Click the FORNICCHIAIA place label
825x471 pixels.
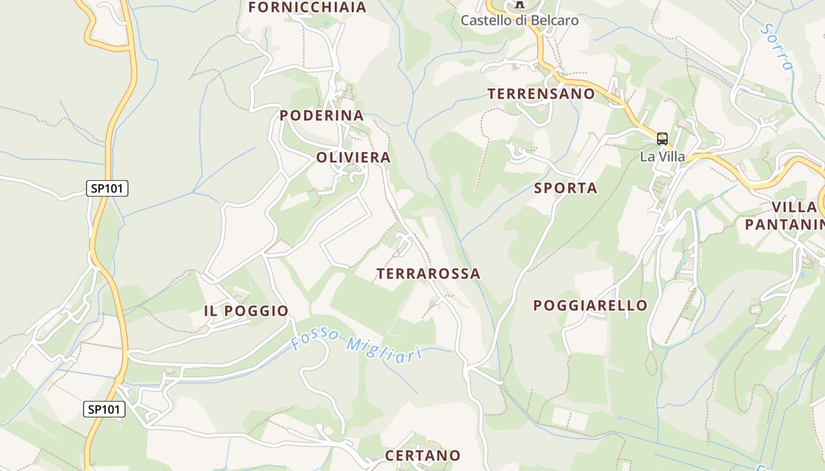point(307,7)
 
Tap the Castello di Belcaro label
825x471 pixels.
point(519,20)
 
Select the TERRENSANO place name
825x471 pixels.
point(541,94)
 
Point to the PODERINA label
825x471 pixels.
point(321,115)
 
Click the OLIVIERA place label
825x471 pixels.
point(353,157)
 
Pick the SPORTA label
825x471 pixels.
point(565,188)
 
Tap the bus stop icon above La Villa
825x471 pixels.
point(662,139)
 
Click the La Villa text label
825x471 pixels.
point(662,157)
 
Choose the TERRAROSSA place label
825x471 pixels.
point(428,273)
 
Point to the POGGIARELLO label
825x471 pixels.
point(590,305)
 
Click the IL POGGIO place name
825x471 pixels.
point(246,311)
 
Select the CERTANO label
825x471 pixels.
point(422,455)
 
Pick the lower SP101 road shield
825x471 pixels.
point(104,409)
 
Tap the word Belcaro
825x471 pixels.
point(555,20)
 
